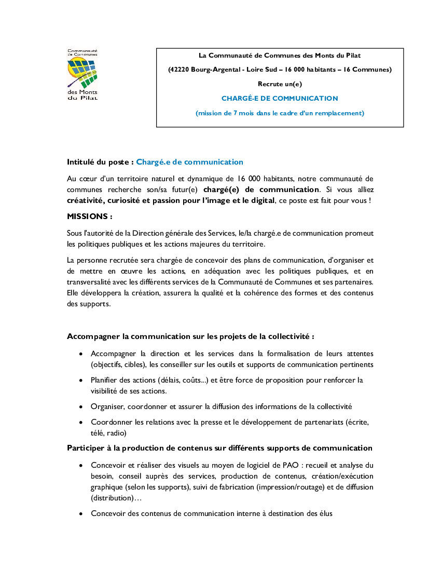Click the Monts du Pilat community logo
point(82,74)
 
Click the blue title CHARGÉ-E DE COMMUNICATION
point(280,98)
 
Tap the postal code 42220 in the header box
point(178,70)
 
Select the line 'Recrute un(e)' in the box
point(280,84)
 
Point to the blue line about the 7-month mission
point(280,113)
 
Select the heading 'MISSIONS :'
point(90,216)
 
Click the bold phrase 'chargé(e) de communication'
point(261,189)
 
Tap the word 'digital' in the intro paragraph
point(259,200)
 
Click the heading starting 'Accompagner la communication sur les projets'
point(190,336)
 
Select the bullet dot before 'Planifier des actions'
point(80,380)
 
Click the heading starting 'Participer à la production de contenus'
point(219,448)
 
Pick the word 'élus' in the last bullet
point(325,513)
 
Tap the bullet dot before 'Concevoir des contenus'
point(80,513)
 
